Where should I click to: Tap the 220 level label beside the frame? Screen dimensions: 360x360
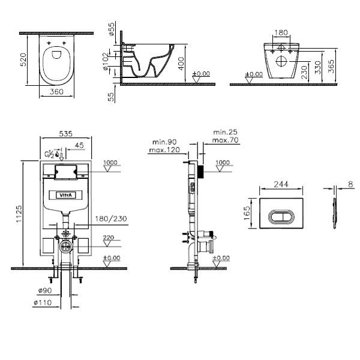[109, 238]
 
